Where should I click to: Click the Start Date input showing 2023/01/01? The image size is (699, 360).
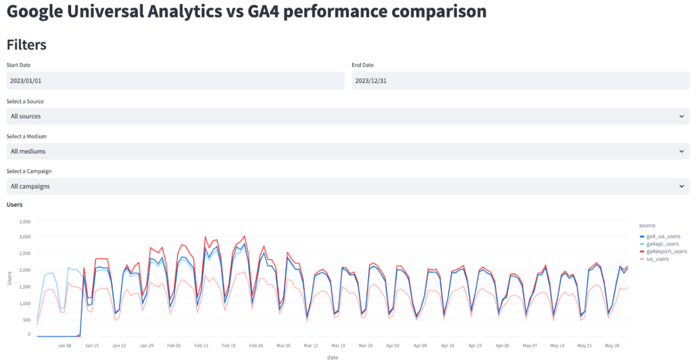175,80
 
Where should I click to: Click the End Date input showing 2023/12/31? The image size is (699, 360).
520,80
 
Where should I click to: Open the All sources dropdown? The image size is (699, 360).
348,116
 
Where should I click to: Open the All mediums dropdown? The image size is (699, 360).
348,151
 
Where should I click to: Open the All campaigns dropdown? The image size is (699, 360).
348,186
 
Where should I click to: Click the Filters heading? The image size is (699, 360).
26,45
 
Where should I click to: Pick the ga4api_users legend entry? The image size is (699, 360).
662,244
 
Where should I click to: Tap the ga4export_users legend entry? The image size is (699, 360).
666,252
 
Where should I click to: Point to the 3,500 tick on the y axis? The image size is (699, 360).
24,222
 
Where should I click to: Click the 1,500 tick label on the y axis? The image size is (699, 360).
24,287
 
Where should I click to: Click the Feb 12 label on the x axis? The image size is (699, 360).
201,345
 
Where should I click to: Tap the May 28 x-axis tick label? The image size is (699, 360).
611,345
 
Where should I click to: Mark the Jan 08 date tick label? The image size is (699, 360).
64,345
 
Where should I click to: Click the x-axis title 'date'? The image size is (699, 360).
332,357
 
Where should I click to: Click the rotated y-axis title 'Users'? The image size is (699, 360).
10,278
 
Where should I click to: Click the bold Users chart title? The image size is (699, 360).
14,205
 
